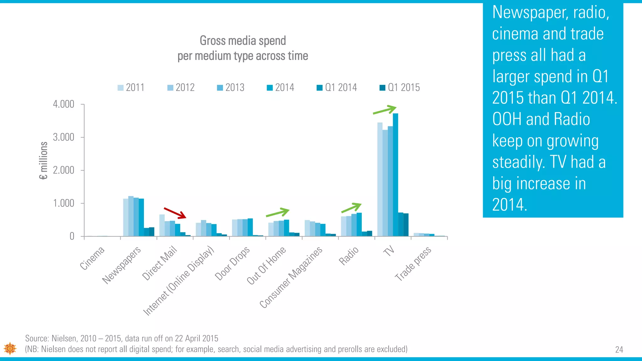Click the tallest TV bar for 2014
(x=395, y=175)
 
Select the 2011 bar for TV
(x=380, y=180)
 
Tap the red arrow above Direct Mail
(x=175, y=213)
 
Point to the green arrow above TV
(x=385, y=110)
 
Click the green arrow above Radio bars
(x=351, y=208)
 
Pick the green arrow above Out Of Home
(x=277, y=212)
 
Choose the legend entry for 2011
(x=131, y=87)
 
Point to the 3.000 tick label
(x=64, y=137)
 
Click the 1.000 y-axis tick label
(x=64, y=203)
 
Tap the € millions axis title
(x=44, y=161)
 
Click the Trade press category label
(x=413, y=264)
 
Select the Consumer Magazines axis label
(x=291, y=277)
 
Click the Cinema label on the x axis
(x=92, y=258)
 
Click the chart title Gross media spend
(x=243, y=41)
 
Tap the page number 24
(x=619, y=350)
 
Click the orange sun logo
(x=10, y=348)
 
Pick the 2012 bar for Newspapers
(x=131, y=216)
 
